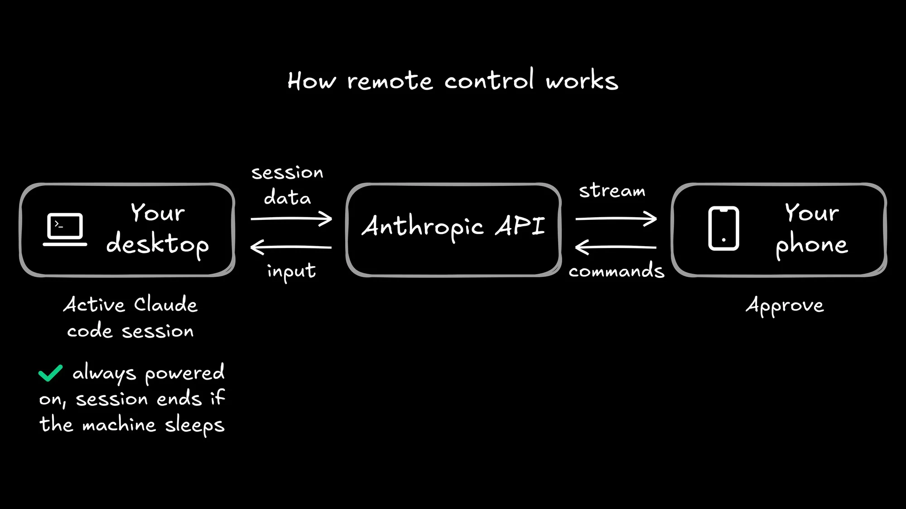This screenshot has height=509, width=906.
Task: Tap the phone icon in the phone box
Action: coord(723,228)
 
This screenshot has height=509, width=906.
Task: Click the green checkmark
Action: coord(50,373)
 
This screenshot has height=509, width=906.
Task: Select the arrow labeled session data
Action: coord(291,219)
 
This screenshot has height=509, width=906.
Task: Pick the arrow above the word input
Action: coord(291,247)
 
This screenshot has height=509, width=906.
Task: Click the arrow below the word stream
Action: coord(616,219)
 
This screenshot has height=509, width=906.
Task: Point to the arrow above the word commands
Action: coord(616,247)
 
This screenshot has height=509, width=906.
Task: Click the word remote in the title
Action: coord(390,81)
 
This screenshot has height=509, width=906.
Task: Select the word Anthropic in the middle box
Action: coord(423,226)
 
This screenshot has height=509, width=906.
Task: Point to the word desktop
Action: coord(158,244)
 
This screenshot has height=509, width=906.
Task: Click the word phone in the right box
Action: coord(811,245)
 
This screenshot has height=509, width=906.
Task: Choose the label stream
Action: coord(612,190)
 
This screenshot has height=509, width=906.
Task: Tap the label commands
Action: coord(617,271)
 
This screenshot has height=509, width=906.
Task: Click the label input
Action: coord(291,271)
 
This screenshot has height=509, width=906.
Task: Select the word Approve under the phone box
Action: coord(785,306)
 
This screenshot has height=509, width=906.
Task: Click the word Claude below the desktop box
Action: coord(166,304)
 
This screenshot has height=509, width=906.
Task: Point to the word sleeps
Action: coord(194,425)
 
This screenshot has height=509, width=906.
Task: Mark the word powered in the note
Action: coord(184,373)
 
